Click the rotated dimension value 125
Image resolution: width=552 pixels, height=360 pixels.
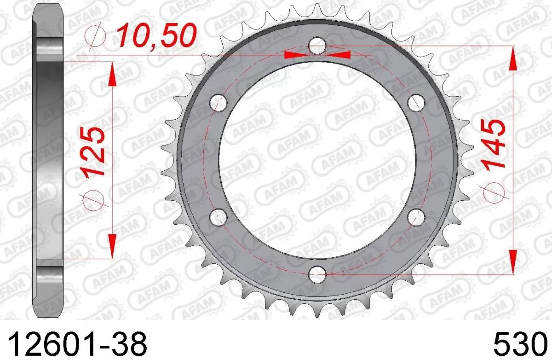pyautogui.click(x=95, y=152)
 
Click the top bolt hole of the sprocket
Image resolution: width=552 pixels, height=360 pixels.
pyautogui.click(x=317, y=45)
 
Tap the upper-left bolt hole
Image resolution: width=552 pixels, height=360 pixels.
pyautogui.click(x=218, y=102)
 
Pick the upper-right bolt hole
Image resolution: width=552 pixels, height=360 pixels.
pyautogui.click(x=416, y=102)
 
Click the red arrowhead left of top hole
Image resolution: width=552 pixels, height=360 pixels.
pyautogui.click(x=296, y=55)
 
